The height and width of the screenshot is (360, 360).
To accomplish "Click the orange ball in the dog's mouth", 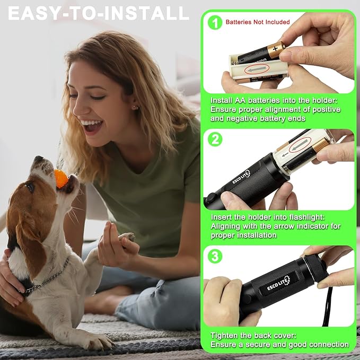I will tap(62, 179).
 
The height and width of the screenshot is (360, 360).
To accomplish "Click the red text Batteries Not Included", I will tap(258, 22).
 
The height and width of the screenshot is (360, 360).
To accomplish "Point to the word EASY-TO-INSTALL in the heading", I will tap(98, 13).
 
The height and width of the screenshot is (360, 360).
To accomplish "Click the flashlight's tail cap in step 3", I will tap(316, 268).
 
